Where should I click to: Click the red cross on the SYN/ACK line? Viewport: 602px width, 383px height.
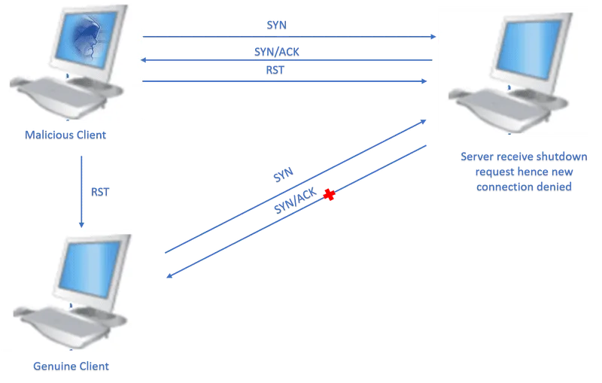(x=329, y=195)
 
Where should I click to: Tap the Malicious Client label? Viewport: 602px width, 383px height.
(x=65, y=135)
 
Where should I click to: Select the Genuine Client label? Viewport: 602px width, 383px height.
(x=71, y=366)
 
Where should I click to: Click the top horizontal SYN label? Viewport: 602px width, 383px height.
(x=276, y=25)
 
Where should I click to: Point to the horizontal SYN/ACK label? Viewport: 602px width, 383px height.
(x=276, y=52)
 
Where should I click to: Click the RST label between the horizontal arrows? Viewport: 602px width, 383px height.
(x=275, y=70)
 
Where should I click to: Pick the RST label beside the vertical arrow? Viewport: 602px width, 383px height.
(x=100, y=192)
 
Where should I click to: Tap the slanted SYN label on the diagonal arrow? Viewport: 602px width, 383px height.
(x=284, y=175)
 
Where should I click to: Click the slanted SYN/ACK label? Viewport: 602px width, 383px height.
(x=295, y=200)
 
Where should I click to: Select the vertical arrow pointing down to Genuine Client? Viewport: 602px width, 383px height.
(x=81, y=191)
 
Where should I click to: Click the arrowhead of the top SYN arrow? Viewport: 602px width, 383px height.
(x=433, y=37)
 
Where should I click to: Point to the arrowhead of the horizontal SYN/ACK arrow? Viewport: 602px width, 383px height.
(x=143, y=60)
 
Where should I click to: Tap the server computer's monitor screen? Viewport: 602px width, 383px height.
(x=529, y=49)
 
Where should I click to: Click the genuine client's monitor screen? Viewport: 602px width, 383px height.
(x=91, y=269)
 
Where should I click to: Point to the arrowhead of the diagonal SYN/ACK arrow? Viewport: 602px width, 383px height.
(x=169, y=275)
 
